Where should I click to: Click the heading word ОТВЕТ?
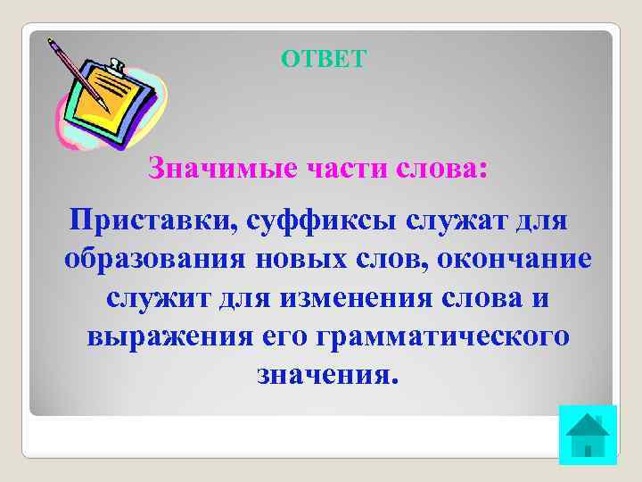click(324, 59)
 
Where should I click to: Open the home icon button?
click(587, 435)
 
